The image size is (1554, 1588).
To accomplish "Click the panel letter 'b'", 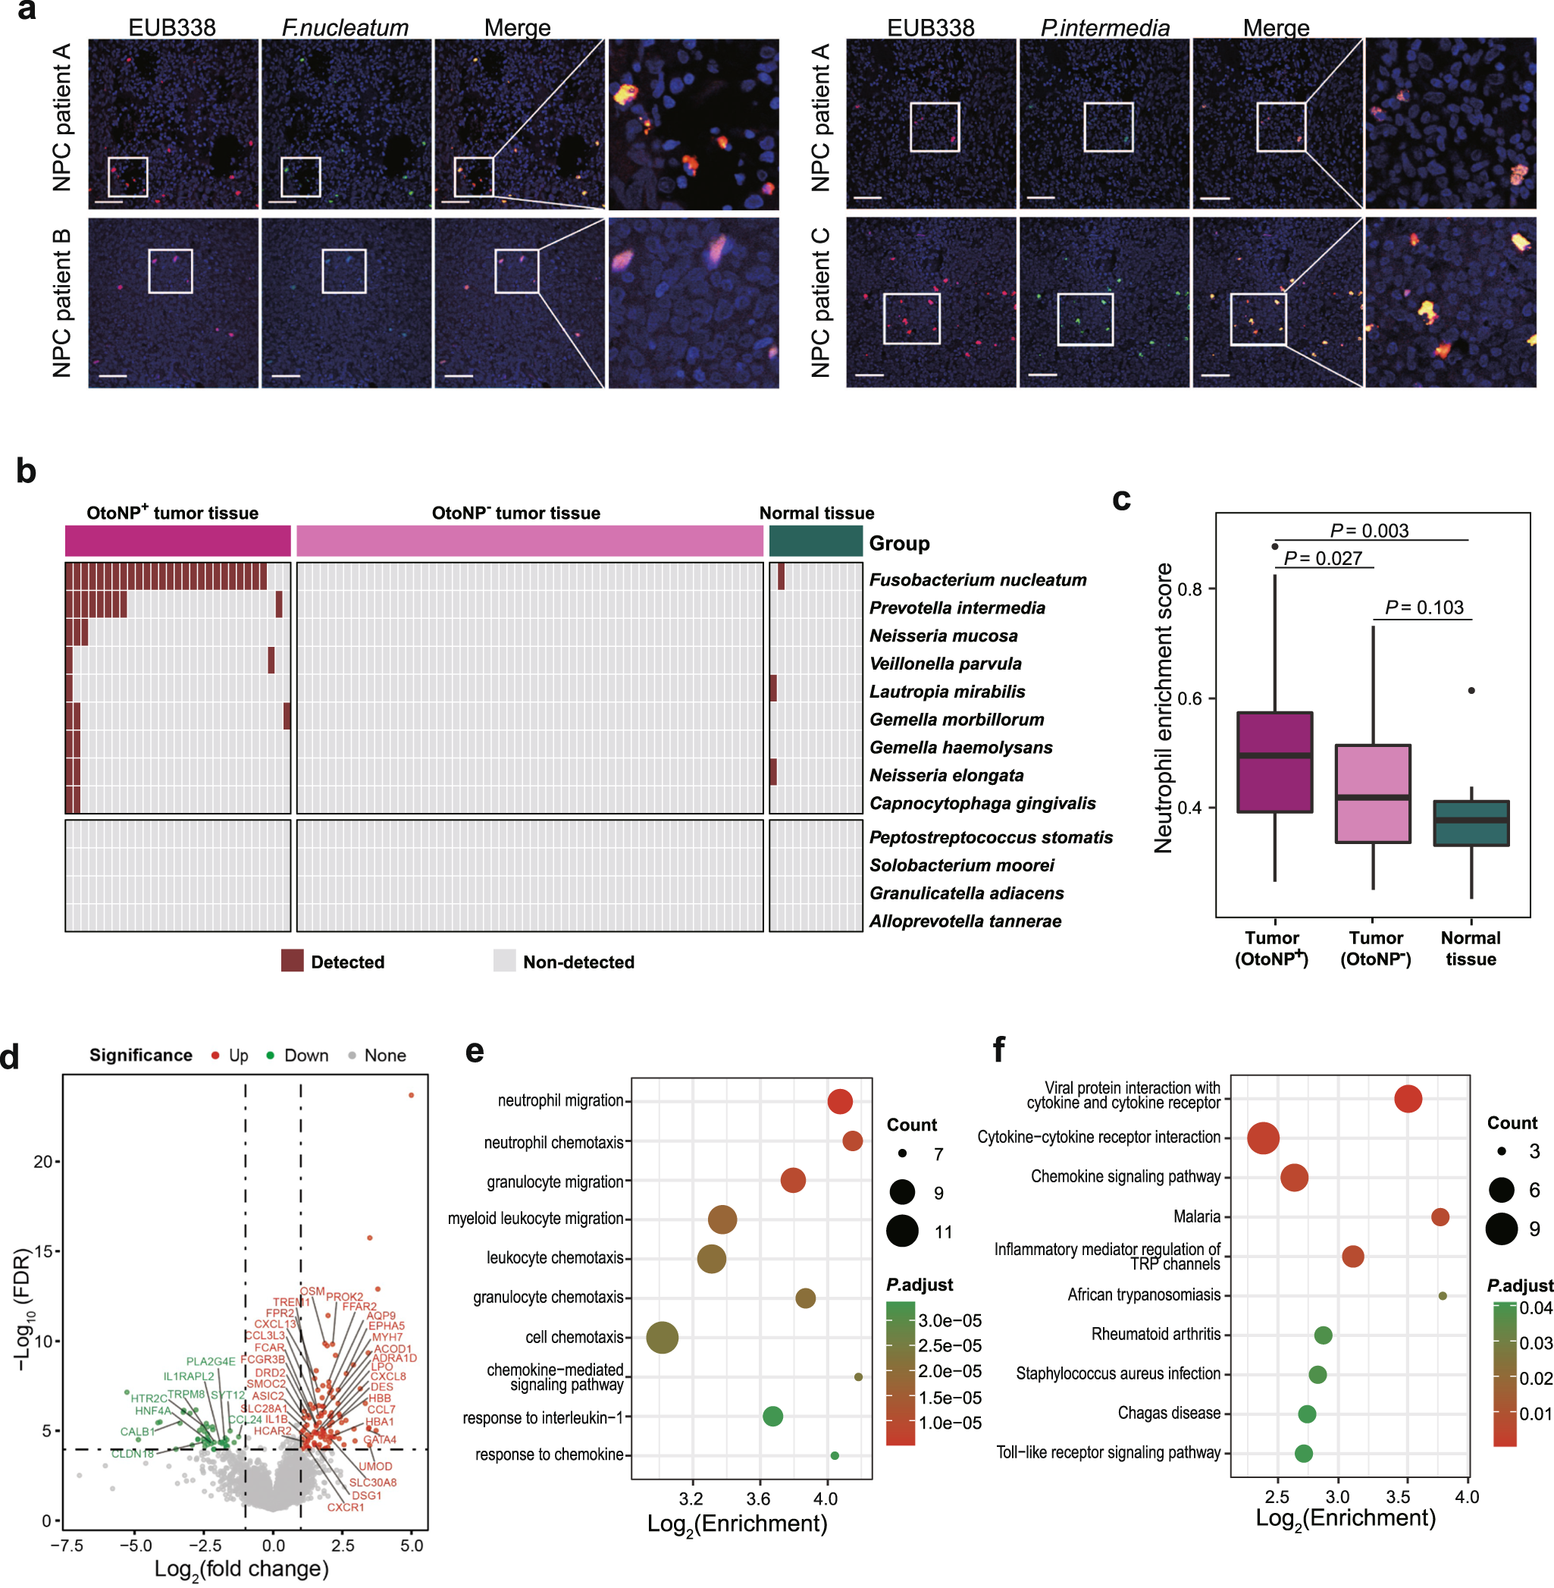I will tap(25, 472).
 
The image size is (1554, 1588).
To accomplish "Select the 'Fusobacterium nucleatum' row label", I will tap(977, 579).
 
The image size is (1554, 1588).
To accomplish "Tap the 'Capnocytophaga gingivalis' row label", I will tap(982, 803).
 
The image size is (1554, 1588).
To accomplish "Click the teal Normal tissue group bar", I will tap(816, 541).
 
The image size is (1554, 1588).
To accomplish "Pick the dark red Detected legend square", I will tap(292, 961).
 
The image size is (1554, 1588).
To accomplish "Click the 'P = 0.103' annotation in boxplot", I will tap(1424, 607).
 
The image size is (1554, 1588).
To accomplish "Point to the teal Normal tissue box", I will tap(1471, 823).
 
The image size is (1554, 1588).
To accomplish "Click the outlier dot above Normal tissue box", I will tap(1471, 691).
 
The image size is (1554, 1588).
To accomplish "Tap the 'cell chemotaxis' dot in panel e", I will tap(662, 1337).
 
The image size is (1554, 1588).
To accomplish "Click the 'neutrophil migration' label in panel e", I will tap(560, 1100).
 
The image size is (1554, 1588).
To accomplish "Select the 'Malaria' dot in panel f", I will tap(1440, 1217).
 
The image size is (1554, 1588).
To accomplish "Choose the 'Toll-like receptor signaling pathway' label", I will tap(1108, 1452).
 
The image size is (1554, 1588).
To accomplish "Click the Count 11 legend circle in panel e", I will tap(902, 1232).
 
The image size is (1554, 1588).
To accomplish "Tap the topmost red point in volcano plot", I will tap(412, 1096).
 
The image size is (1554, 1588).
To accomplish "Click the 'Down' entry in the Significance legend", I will tap(305, 1056).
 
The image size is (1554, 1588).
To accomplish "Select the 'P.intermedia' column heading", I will tap(1104, 28).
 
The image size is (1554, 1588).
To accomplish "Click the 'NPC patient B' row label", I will tap(62, 303).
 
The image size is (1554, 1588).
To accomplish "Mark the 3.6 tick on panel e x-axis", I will tap(759, 1499).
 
